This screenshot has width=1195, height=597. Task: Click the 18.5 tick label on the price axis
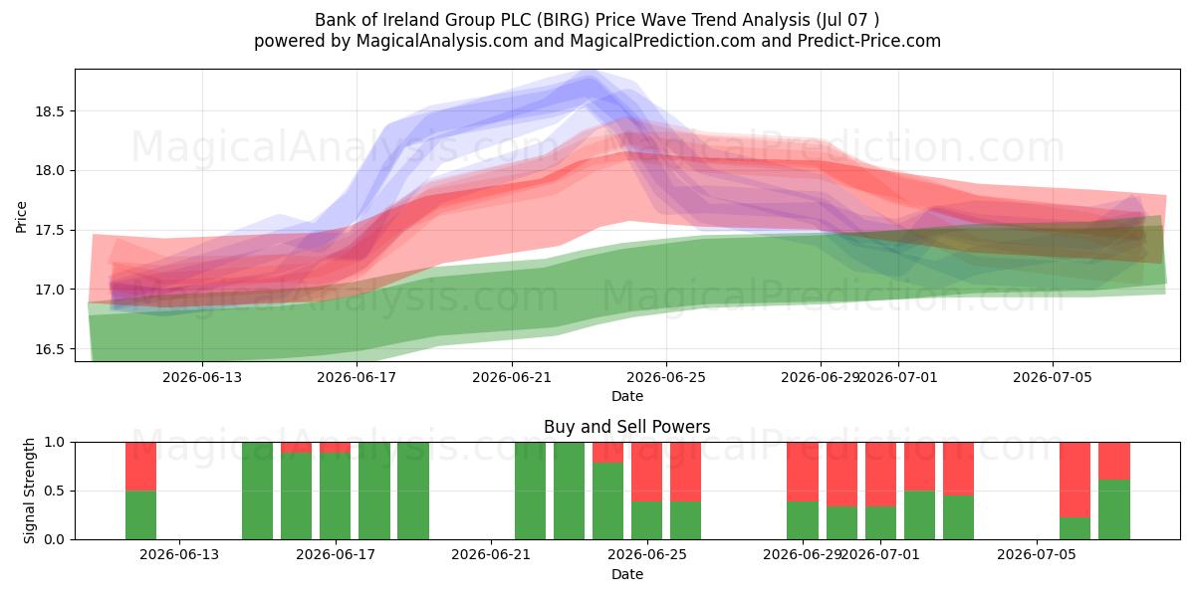point(49,111)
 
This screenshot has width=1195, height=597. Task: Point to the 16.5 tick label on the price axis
point(49,349)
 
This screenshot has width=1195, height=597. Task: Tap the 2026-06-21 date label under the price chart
point(512,377)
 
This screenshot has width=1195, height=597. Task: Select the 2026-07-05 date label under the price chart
point(1053,377)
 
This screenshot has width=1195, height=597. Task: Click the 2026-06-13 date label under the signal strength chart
point(179,554)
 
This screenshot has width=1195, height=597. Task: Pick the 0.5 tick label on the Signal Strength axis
point(55,491)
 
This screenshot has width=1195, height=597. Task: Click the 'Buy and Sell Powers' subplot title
point(626,427)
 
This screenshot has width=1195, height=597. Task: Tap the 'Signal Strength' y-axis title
point(29,491)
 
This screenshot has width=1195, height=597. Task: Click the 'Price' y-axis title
point(21,217)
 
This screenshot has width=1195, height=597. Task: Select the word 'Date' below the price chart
point(626,396)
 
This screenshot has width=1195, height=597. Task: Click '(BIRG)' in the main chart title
point(564,20)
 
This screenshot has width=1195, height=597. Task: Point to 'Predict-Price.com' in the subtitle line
point(869,41)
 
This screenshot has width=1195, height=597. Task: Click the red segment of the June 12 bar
point(140,467)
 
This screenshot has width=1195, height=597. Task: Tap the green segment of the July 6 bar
point(1075,528)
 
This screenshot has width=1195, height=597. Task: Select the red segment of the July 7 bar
point(1114,461)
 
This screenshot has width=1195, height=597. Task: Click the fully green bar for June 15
point(257,491)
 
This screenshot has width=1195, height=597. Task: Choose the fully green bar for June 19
point(413,491)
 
